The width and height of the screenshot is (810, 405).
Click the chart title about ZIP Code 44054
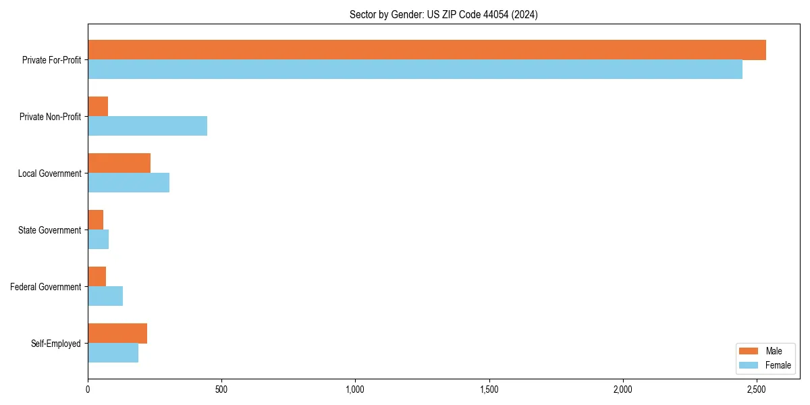coord(443,14)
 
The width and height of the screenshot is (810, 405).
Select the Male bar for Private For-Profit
coord(427,50)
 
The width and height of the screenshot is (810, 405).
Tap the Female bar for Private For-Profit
coord(415,70)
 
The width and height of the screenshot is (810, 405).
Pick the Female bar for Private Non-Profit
coord(147,126)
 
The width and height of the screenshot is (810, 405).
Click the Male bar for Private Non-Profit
coord(98,107)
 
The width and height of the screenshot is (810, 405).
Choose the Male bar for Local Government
coord(119,163)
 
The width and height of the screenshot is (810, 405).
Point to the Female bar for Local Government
coord(128,183)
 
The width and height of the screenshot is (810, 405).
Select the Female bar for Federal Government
coord(105,296)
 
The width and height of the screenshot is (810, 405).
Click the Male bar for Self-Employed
coord(117,333)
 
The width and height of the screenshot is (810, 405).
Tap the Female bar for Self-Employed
coord(113,353)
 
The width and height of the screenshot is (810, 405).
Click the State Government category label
coord(49,230)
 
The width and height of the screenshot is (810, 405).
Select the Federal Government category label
coord(46,287)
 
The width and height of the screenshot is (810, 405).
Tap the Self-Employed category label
coord(55,344)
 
